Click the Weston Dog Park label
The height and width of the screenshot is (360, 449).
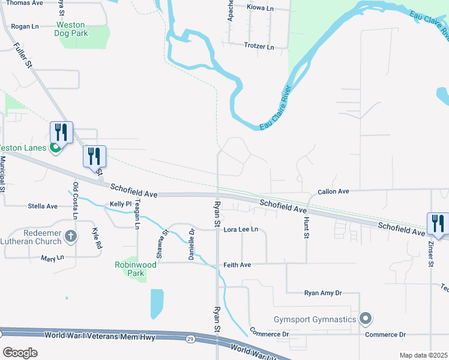click(x=72, y=29)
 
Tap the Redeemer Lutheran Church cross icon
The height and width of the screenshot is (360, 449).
click(x=70, y=236)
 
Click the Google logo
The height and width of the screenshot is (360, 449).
click(x=20, y=352)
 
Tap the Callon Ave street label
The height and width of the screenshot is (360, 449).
click(x=333, y=191)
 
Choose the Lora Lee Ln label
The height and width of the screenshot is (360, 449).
click(x=240, y=229)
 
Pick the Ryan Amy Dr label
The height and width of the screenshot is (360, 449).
click(x=322, y=293)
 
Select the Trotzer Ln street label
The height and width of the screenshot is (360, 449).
click(x=259, y=46)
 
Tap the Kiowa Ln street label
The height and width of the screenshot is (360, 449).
click(x=260, y=8)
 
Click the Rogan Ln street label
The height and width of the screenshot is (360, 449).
click(x=25, y=26)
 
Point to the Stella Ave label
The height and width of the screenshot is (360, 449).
click(x=43, y=206)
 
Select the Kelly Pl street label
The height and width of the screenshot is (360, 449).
click(x=120, y=205)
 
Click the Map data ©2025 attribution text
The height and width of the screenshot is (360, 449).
click(x=423, y=355)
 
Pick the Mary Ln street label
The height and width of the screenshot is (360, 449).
click(x=52, y=258)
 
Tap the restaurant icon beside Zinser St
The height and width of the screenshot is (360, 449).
click(x=438, y=224)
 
